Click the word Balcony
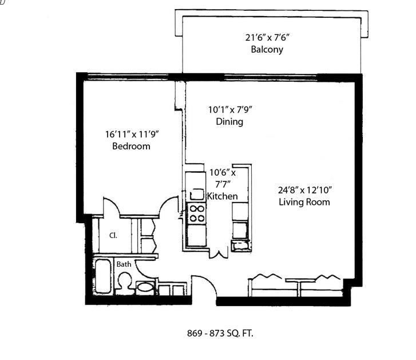point(267,50)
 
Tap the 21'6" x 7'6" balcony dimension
point(267,38)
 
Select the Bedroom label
point(131,146)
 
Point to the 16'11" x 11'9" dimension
point(132,134)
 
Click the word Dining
point(229,121)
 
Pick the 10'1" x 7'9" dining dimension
point(230,109)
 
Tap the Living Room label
point(304,202)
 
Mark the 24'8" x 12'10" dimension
point(305,190)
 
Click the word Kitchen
point(223,196)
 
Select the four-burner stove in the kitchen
point(197,213)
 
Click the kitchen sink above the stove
point(197,194)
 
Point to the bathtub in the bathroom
point(102,276)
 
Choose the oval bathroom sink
point(145,287)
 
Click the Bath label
point(124,264)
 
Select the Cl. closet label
point(113,235)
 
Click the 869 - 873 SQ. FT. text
point(220,333)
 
